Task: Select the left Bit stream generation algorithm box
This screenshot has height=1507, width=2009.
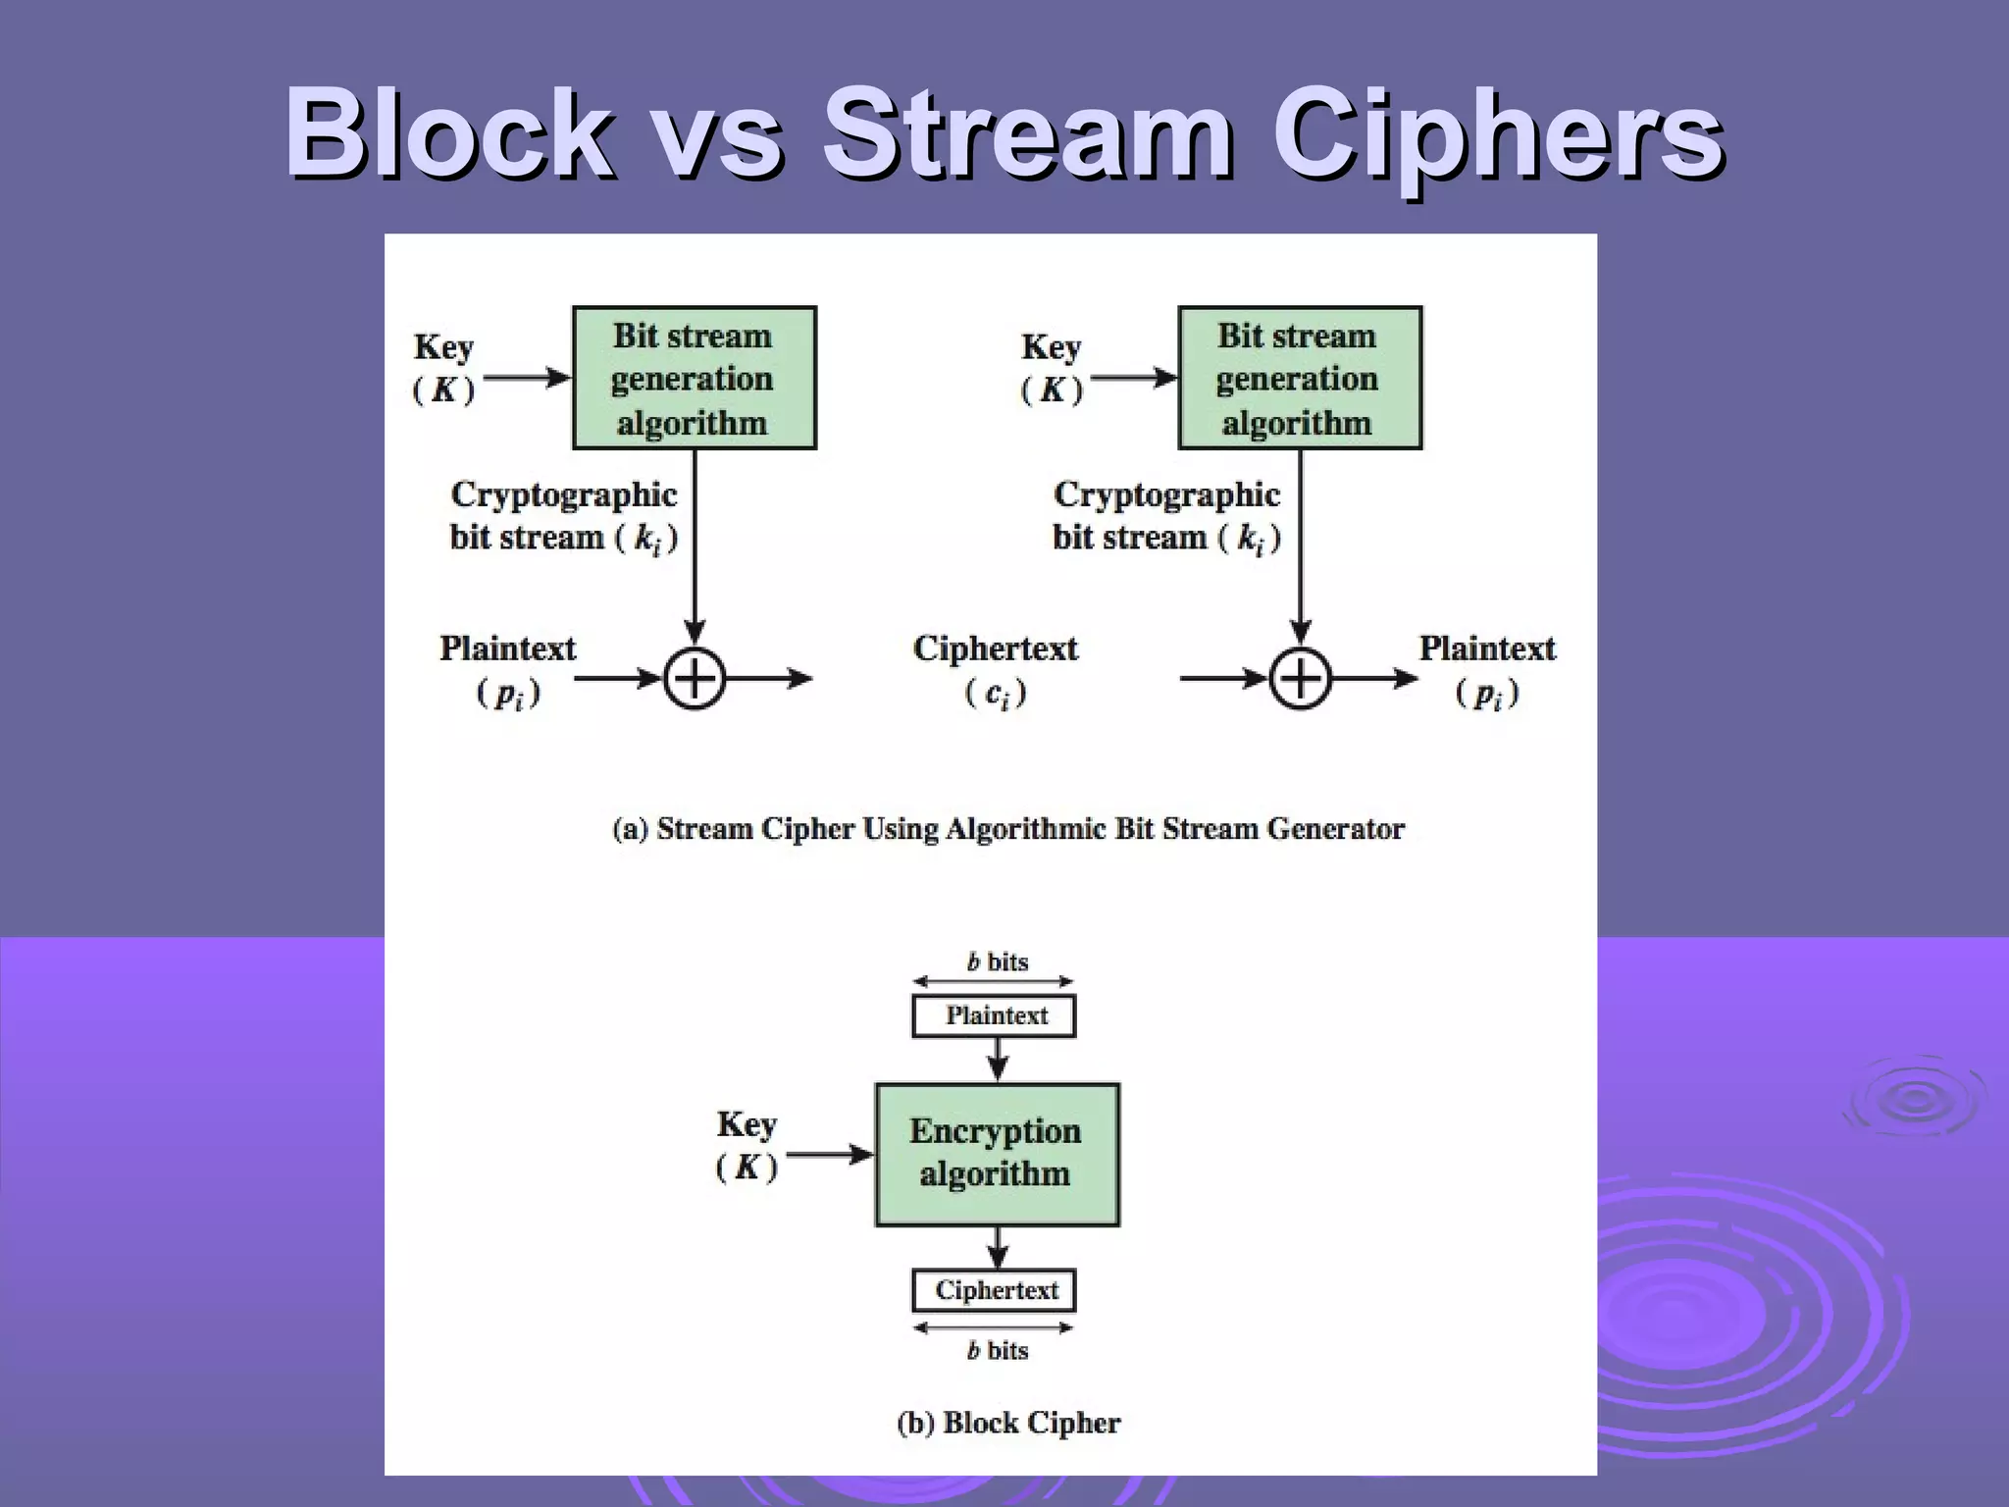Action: click(694, 378)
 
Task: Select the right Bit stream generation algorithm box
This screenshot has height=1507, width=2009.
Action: click(1299, 378)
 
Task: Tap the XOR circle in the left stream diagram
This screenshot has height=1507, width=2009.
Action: click(695, 678)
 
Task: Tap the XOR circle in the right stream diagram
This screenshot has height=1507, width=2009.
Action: click(1300, 678)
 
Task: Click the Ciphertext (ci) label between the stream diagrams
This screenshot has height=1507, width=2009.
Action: click(995, 669)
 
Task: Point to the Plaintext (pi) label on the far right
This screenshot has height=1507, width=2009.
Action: click(1487, 669)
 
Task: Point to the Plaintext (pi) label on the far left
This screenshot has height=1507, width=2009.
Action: click(507, 669)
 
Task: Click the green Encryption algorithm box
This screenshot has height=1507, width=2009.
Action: click(997, 1154)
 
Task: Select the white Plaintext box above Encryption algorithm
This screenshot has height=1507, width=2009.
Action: click(994, 1015)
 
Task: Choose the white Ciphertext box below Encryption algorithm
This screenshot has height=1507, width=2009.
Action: click(994, 1290)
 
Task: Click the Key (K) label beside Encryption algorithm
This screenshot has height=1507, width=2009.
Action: click(747, 1145)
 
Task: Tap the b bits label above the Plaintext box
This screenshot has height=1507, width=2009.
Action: click(997, 961)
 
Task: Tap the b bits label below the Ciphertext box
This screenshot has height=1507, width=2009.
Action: click(997, 1351)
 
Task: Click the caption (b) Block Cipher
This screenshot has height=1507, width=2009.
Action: click(1008, 1423)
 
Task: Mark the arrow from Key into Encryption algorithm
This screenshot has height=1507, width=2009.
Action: click(829, 1155)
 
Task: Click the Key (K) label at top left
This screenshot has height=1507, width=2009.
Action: click(443, 368)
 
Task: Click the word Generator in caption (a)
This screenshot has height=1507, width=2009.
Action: click(1335, 829)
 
